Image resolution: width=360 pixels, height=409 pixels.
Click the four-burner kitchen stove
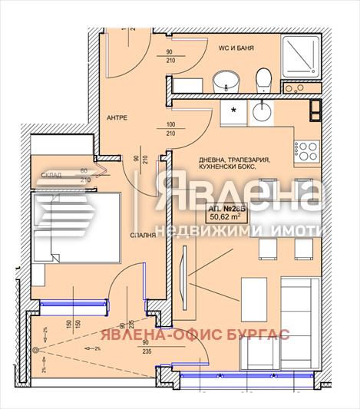pos(308,150)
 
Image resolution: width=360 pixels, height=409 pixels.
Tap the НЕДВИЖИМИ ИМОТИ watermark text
pos(238,229)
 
